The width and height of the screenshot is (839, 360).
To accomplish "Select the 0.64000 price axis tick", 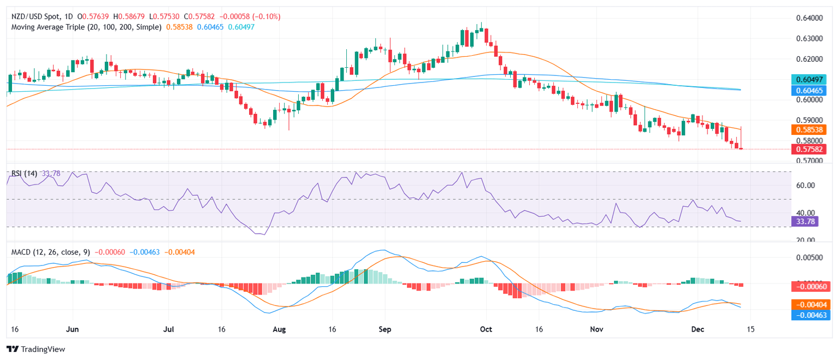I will (x=810, y=18).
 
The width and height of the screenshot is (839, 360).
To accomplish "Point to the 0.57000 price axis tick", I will (x=810, y=161).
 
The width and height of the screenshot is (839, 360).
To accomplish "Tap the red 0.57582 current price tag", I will (x=810, y=149).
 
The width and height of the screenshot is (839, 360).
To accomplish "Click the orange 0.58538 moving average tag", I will (x=810, y=129).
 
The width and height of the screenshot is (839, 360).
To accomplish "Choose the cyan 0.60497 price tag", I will (x=810, y=79).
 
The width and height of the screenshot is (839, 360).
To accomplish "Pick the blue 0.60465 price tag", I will (x=810, y=90).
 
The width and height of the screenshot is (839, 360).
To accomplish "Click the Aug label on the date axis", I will (x=279, y=330).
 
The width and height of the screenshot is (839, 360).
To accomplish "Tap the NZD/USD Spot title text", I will (x=36, y=16).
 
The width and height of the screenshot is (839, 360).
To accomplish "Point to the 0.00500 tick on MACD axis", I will (x=810, y=257).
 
